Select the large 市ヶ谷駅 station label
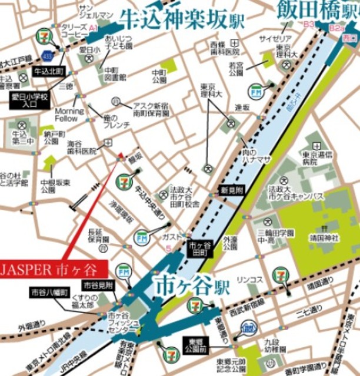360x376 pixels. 192,287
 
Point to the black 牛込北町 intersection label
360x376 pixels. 48,73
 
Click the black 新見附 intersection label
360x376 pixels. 231,190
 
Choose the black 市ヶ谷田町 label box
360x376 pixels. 198,247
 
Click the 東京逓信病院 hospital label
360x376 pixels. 316,157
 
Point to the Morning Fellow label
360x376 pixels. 70,115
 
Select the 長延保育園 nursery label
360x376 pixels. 98,236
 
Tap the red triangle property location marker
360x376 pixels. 121,156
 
